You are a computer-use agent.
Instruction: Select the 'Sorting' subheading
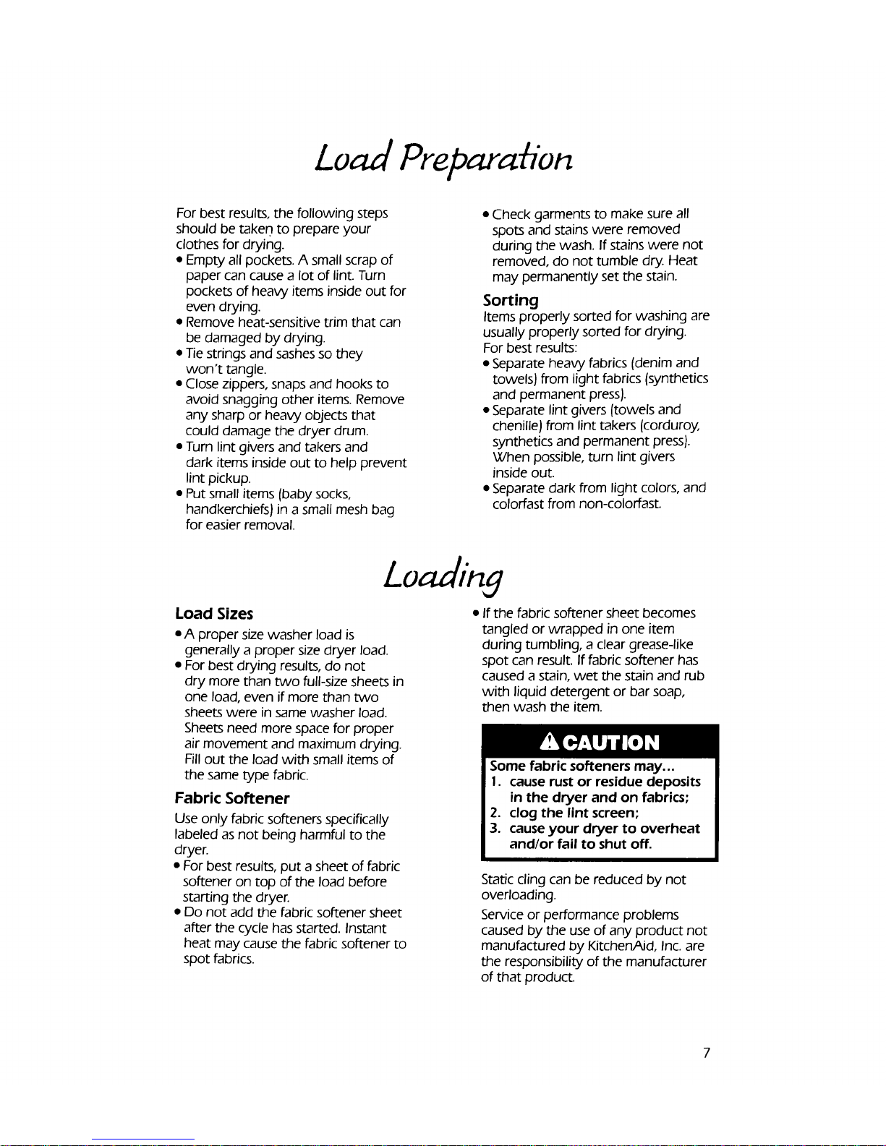511,299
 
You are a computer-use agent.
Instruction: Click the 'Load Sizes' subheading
214,614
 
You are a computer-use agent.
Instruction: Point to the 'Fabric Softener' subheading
232,798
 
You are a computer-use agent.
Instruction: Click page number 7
707,1052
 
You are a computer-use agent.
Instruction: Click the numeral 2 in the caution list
493,813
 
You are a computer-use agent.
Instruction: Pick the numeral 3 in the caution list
493,829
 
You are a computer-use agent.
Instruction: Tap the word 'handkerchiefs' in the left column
227,510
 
